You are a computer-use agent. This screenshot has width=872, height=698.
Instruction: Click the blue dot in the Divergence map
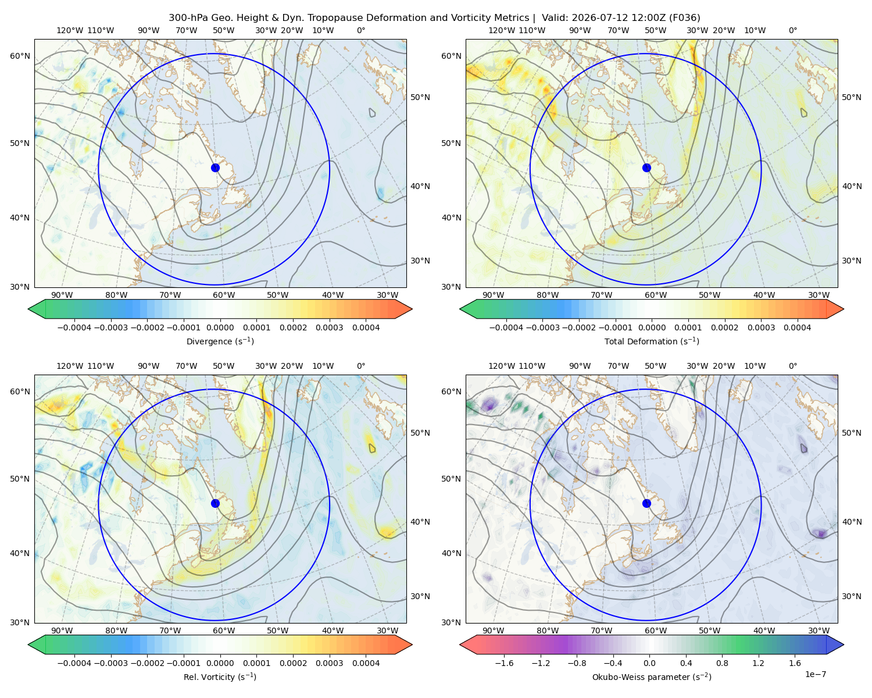[x=215, y=168]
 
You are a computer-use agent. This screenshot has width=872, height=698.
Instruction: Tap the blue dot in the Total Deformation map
[x=646, y=168]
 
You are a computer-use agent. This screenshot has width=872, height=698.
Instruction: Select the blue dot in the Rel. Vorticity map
[x=215, y=503]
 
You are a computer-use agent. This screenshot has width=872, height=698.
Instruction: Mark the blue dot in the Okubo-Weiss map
[x=646, y=503]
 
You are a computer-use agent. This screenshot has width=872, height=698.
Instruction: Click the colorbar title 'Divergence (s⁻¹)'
[x=220, y=341]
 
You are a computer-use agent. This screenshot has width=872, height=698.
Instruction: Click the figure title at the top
[x=434, y=18]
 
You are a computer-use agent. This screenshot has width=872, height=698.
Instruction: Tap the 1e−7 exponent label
[x=815, y=674]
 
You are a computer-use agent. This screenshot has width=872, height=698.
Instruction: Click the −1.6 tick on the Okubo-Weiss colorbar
[x=504, y=663]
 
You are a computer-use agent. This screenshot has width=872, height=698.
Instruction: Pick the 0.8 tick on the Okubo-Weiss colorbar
[x=722, y=663]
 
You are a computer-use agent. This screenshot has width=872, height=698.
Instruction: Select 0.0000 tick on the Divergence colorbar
[x=220, y=327]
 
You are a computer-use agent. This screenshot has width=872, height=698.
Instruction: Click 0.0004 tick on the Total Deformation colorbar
[x=797, y=327]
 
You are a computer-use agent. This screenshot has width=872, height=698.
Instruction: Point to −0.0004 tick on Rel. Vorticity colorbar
[x=74, y=663]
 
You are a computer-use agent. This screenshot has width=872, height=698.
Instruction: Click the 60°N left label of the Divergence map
[x=20, y=56]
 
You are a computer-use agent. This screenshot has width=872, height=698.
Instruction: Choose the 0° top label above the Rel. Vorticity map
[x=361, y=366]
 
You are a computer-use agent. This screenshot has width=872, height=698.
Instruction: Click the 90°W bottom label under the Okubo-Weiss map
[x=493, y=631]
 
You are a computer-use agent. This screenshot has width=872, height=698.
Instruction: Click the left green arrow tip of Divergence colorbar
[x=28, y=309]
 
